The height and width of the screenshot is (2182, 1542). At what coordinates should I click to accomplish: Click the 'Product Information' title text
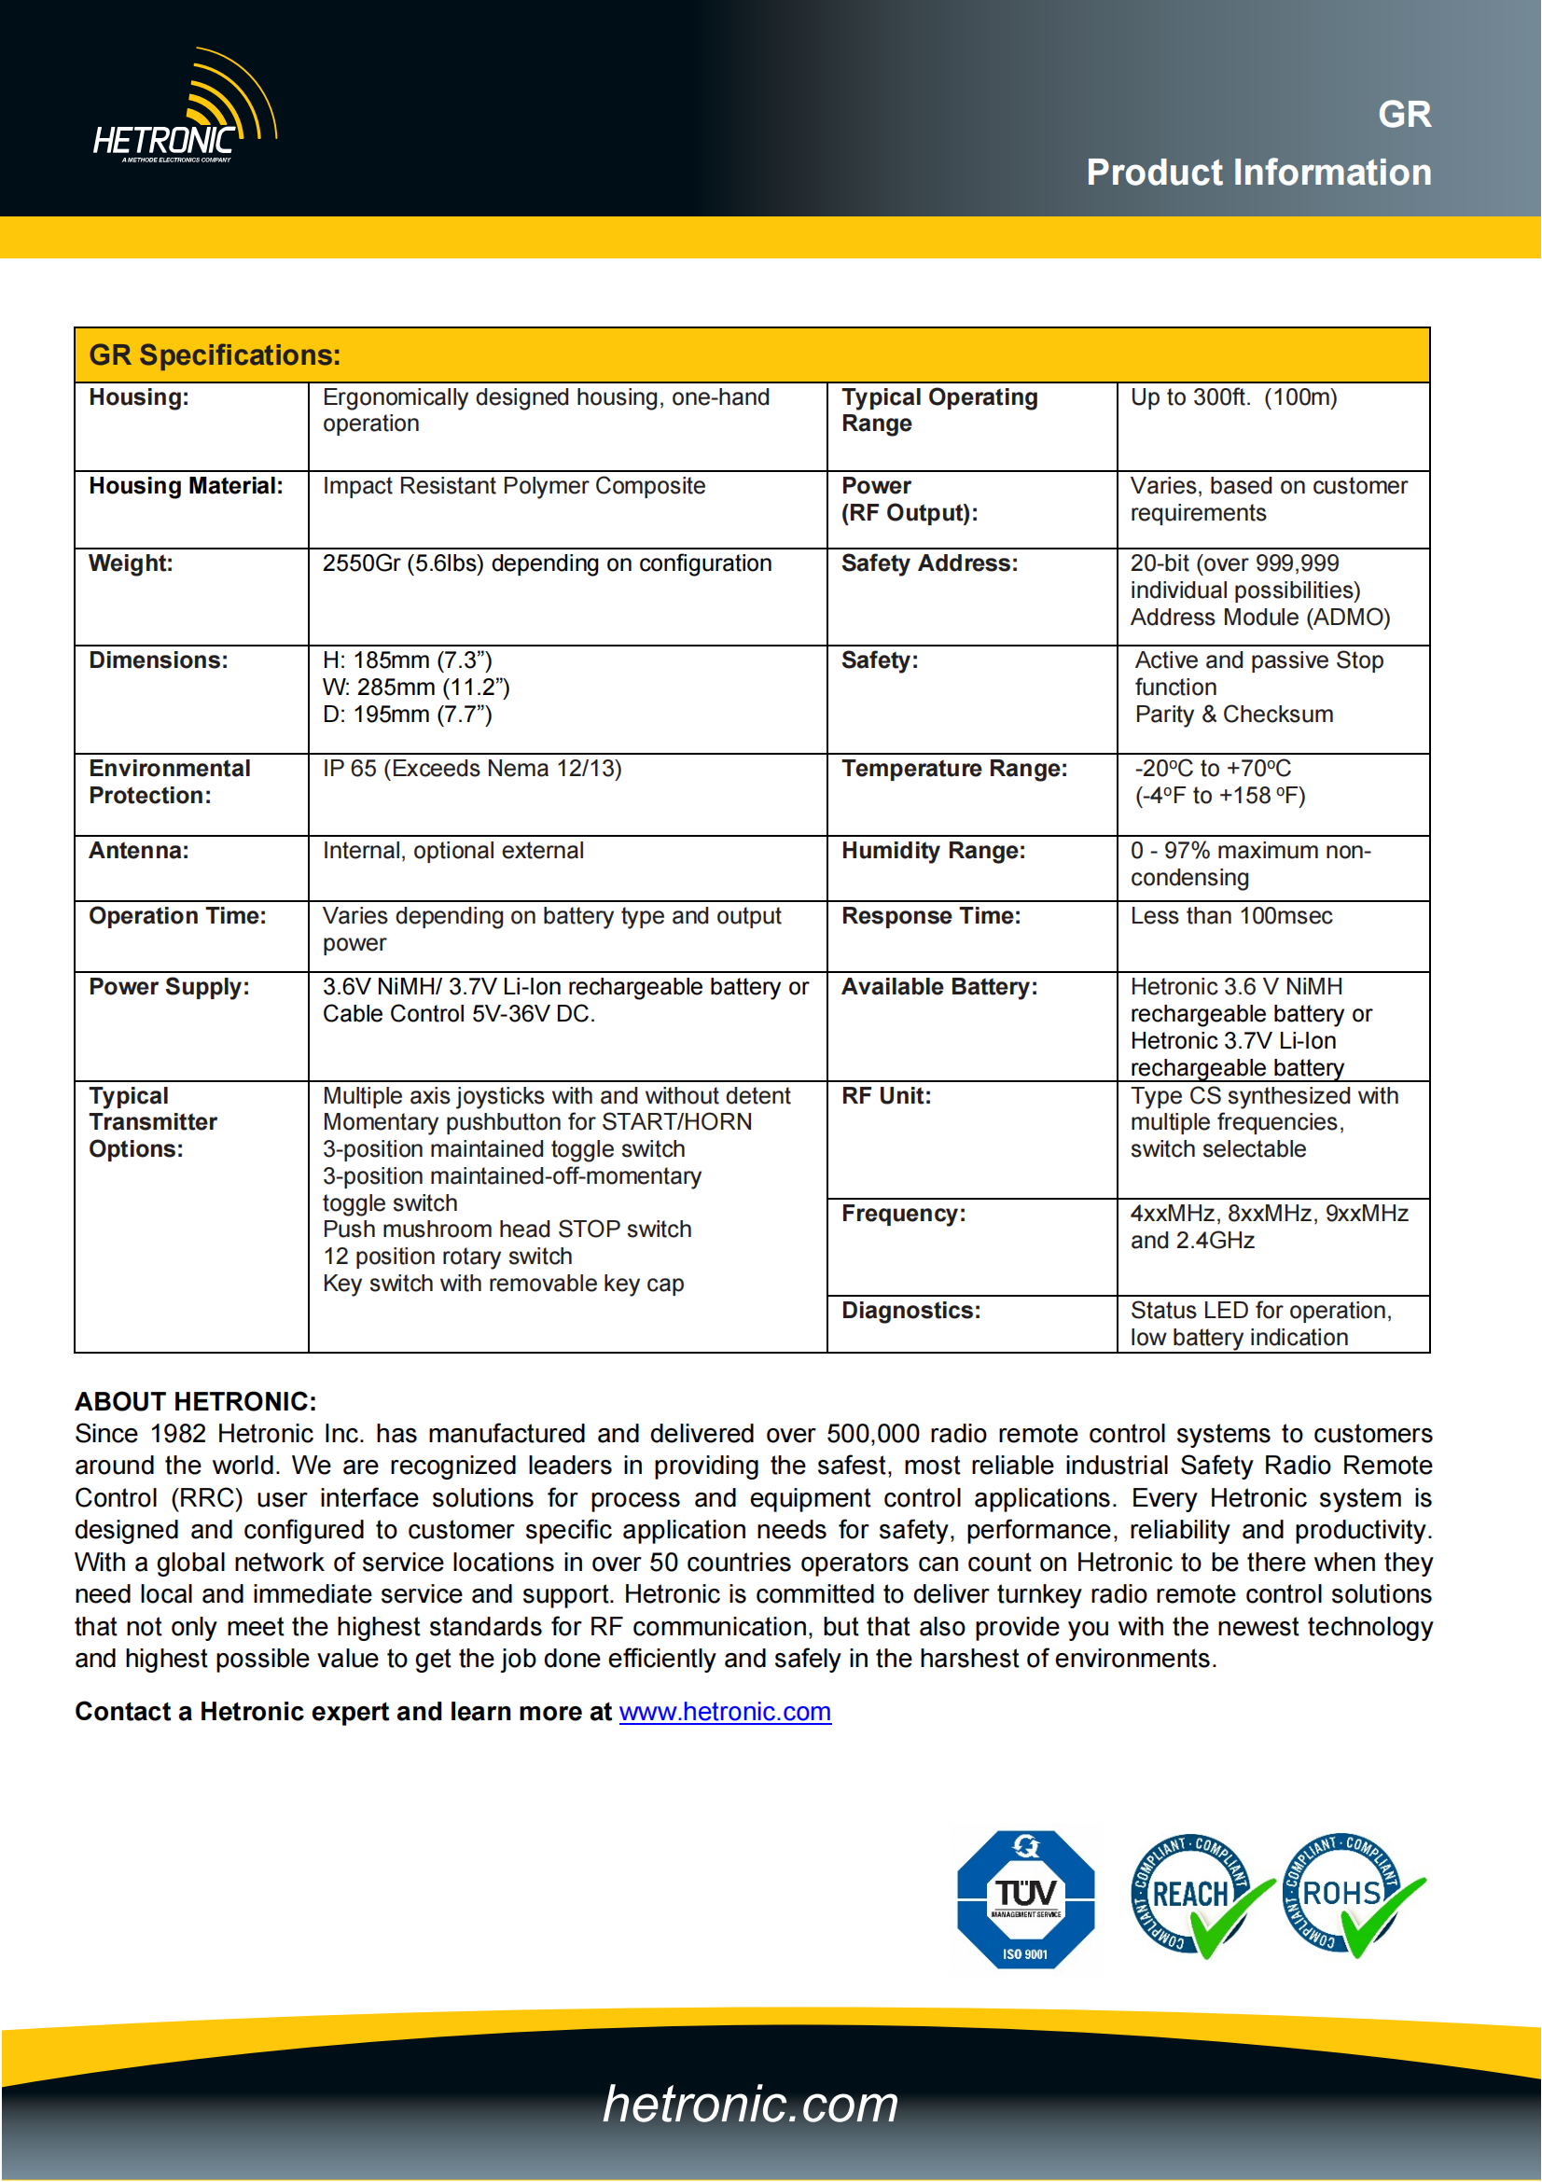(1257, 173)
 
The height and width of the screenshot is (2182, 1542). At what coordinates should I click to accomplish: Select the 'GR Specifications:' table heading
(215, 355)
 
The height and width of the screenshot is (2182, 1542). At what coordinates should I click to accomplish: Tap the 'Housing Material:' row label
(187, 487)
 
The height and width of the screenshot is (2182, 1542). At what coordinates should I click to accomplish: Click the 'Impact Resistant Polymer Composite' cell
(514, 487)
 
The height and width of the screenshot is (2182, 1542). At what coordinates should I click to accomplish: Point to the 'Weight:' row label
(132, 563)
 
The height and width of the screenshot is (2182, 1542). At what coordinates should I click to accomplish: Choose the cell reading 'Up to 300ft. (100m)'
(1233, 397)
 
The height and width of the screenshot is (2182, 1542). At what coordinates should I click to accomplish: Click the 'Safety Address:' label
(929, 563)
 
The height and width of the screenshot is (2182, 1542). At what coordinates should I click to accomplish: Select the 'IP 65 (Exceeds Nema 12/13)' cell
(472, 769)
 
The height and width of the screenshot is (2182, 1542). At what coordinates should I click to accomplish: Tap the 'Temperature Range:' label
(954, 769)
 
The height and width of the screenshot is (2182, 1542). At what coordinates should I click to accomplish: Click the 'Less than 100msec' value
(1231, 916)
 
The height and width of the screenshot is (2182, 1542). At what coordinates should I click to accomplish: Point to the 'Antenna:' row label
(139, 852)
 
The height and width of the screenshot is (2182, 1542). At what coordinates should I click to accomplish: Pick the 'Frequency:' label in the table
(904, 1214)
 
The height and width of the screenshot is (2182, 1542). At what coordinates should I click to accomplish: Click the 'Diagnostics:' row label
(910, 1312)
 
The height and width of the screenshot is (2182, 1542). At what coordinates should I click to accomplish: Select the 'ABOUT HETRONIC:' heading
(196, 1402)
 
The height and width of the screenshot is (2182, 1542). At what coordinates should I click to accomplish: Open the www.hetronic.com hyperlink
(725, 1713)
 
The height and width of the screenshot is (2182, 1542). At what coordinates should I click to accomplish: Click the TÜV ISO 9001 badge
(1025, 1900)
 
